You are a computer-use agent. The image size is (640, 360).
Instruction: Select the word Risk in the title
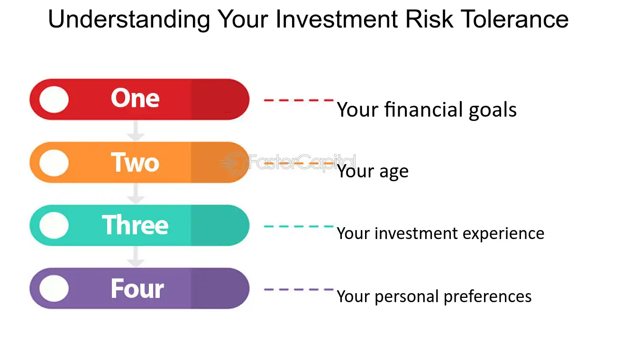point(430,19)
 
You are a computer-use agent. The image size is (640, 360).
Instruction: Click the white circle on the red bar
point(54,100)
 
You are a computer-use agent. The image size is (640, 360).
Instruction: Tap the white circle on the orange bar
point(54,163)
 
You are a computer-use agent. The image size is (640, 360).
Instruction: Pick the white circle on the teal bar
point(54,225)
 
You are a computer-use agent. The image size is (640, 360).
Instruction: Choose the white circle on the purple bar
point(54,288)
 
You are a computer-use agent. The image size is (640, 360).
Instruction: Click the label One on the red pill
point(135,98)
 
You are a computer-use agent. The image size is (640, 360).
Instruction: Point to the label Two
point(135,162)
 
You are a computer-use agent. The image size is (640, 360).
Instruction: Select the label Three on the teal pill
point(135,225)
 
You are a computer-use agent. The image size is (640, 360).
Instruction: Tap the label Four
point(137,288)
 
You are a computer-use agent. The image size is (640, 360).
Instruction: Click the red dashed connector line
point(299,100)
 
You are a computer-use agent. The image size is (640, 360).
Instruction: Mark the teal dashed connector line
point(299,226)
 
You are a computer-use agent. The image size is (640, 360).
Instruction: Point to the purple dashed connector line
point(299,290)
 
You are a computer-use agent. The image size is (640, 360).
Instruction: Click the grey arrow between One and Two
point(136,131)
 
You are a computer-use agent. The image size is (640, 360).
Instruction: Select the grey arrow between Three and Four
point(136,257)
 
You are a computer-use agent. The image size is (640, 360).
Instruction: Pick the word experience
point(503,234)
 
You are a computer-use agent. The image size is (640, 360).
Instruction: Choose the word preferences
point(487,297)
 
